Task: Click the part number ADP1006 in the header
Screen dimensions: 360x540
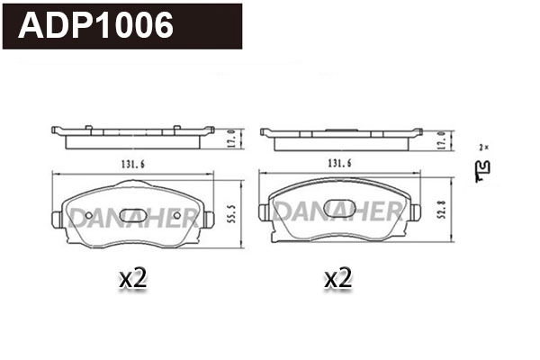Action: pos(95,27)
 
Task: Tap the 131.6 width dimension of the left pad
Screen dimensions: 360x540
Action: pos(130,163)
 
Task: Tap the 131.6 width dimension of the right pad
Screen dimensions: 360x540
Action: pos(337,163)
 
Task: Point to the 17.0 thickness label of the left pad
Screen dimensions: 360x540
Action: pos(230,139)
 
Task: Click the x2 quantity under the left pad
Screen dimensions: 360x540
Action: pos(132,279)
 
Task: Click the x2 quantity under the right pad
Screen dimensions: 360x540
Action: pos(337,279)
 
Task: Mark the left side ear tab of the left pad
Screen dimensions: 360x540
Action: pos(55,218)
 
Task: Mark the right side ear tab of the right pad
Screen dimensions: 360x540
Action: pos(417,211)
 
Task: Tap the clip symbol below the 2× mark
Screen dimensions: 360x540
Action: pos(484,166)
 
